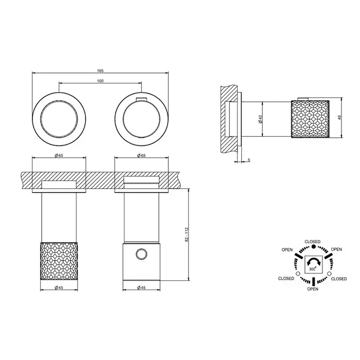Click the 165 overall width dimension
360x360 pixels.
point(100,71)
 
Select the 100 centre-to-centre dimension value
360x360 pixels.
point(100,81)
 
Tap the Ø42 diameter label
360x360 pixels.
point(260,119)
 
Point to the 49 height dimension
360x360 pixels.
point(339,117)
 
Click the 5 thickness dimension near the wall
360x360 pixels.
point(249,160)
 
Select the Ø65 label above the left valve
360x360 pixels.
point(59,155)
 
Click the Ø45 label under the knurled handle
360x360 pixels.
point(59,287)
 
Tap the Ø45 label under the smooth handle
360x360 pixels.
point(141,287)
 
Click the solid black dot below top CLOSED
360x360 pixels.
point(313,246)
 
